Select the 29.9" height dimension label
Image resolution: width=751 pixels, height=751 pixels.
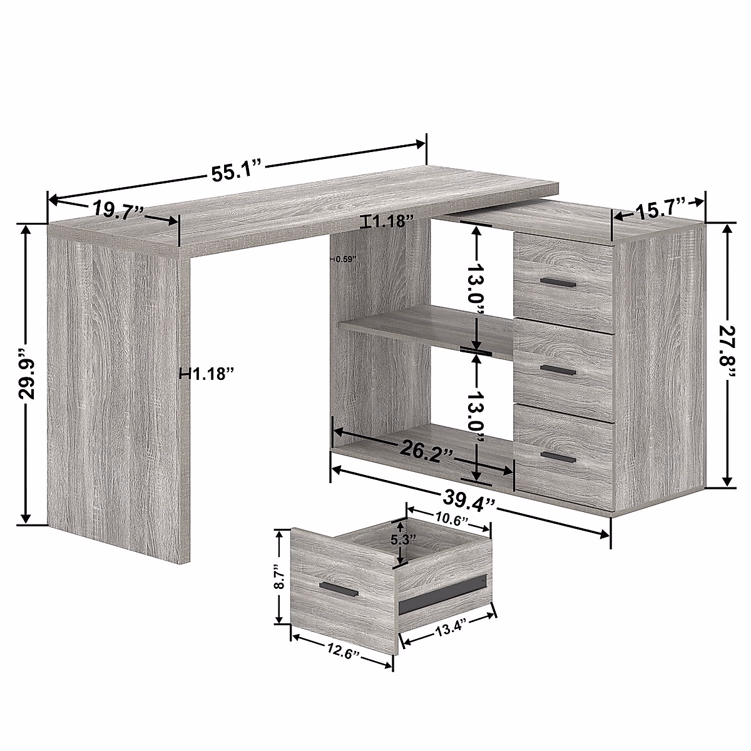(26, 374)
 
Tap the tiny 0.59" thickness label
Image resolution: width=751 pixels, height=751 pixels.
(344, 258)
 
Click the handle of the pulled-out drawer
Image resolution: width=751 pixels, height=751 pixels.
(339, 588)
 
